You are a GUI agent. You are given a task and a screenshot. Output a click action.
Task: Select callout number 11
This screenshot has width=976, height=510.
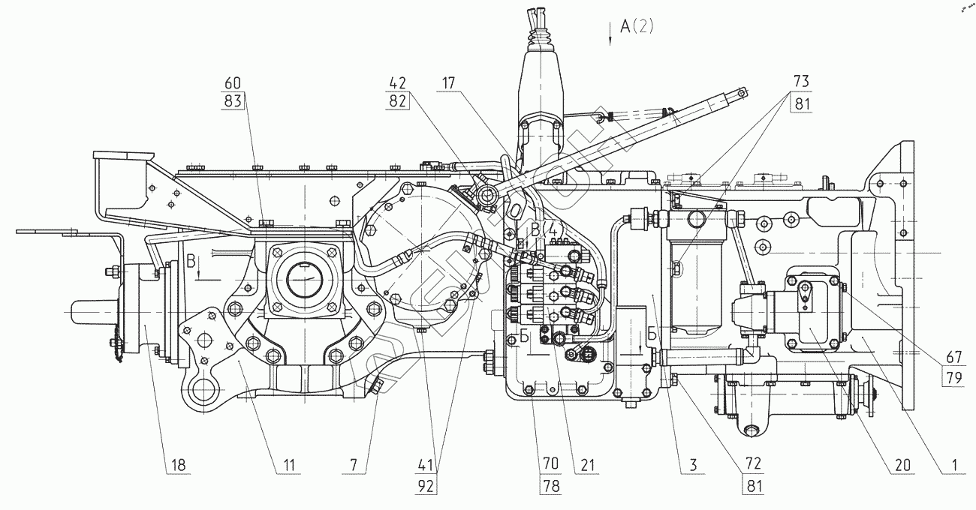point(288,465)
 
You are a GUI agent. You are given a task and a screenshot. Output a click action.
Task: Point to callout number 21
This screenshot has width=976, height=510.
point(586,465)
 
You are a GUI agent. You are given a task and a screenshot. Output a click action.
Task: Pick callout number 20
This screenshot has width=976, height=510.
point(901,465)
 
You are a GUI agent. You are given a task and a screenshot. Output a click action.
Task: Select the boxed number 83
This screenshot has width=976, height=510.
point(233,101)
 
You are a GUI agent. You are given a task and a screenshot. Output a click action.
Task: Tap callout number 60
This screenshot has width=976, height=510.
point(233,83)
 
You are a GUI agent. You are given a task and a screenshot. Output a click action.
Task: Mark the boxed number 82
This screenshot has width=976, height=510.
point(398,101)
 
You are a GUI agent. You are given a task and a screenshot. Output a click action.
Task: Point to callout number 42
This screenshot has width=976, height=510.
point(398,83)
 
